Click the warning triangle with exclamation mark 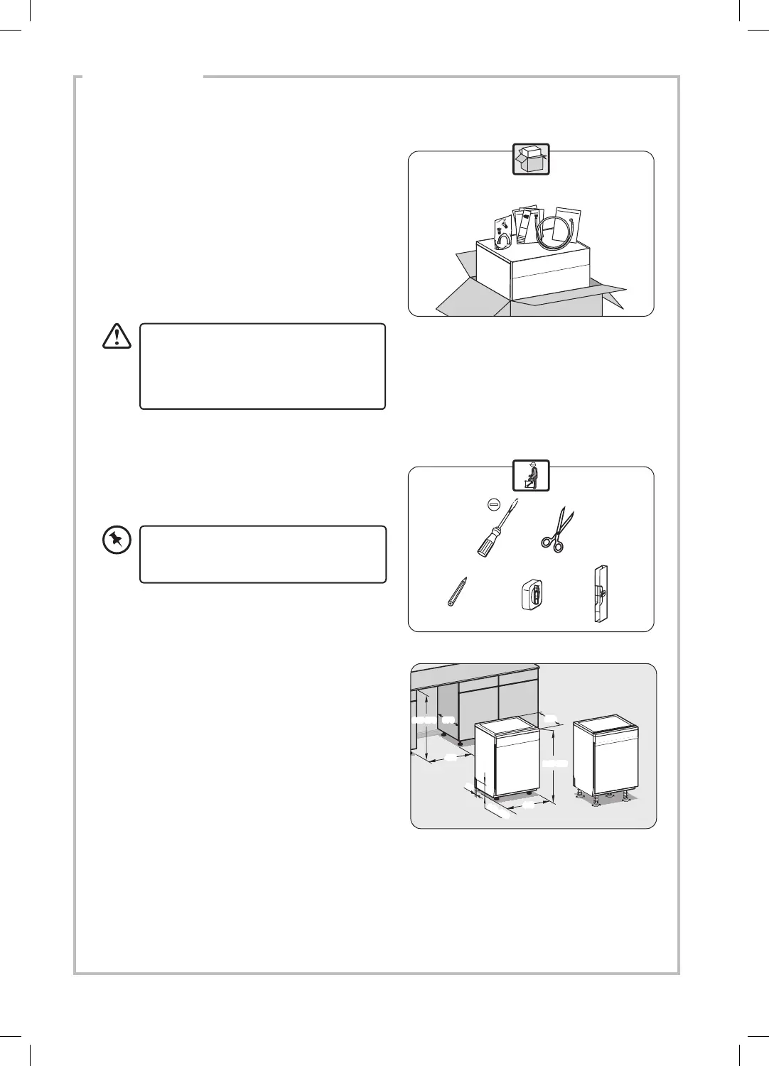[x=117, y=336]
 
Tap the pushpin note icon [x=117, y=541]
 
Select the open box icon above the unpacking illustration [x=531, y=159]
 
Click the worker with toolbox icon [x=531, y=474]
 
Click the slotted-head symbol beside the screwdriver [x=494, y=503]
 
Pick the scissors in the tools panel [x=556, y=530]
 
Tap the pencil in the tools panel [x=456, y=591]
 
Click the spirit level [x=601, y=594]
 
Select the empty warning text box [x=262, y=366]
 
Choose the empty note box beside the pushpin [x=263, y=554]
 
